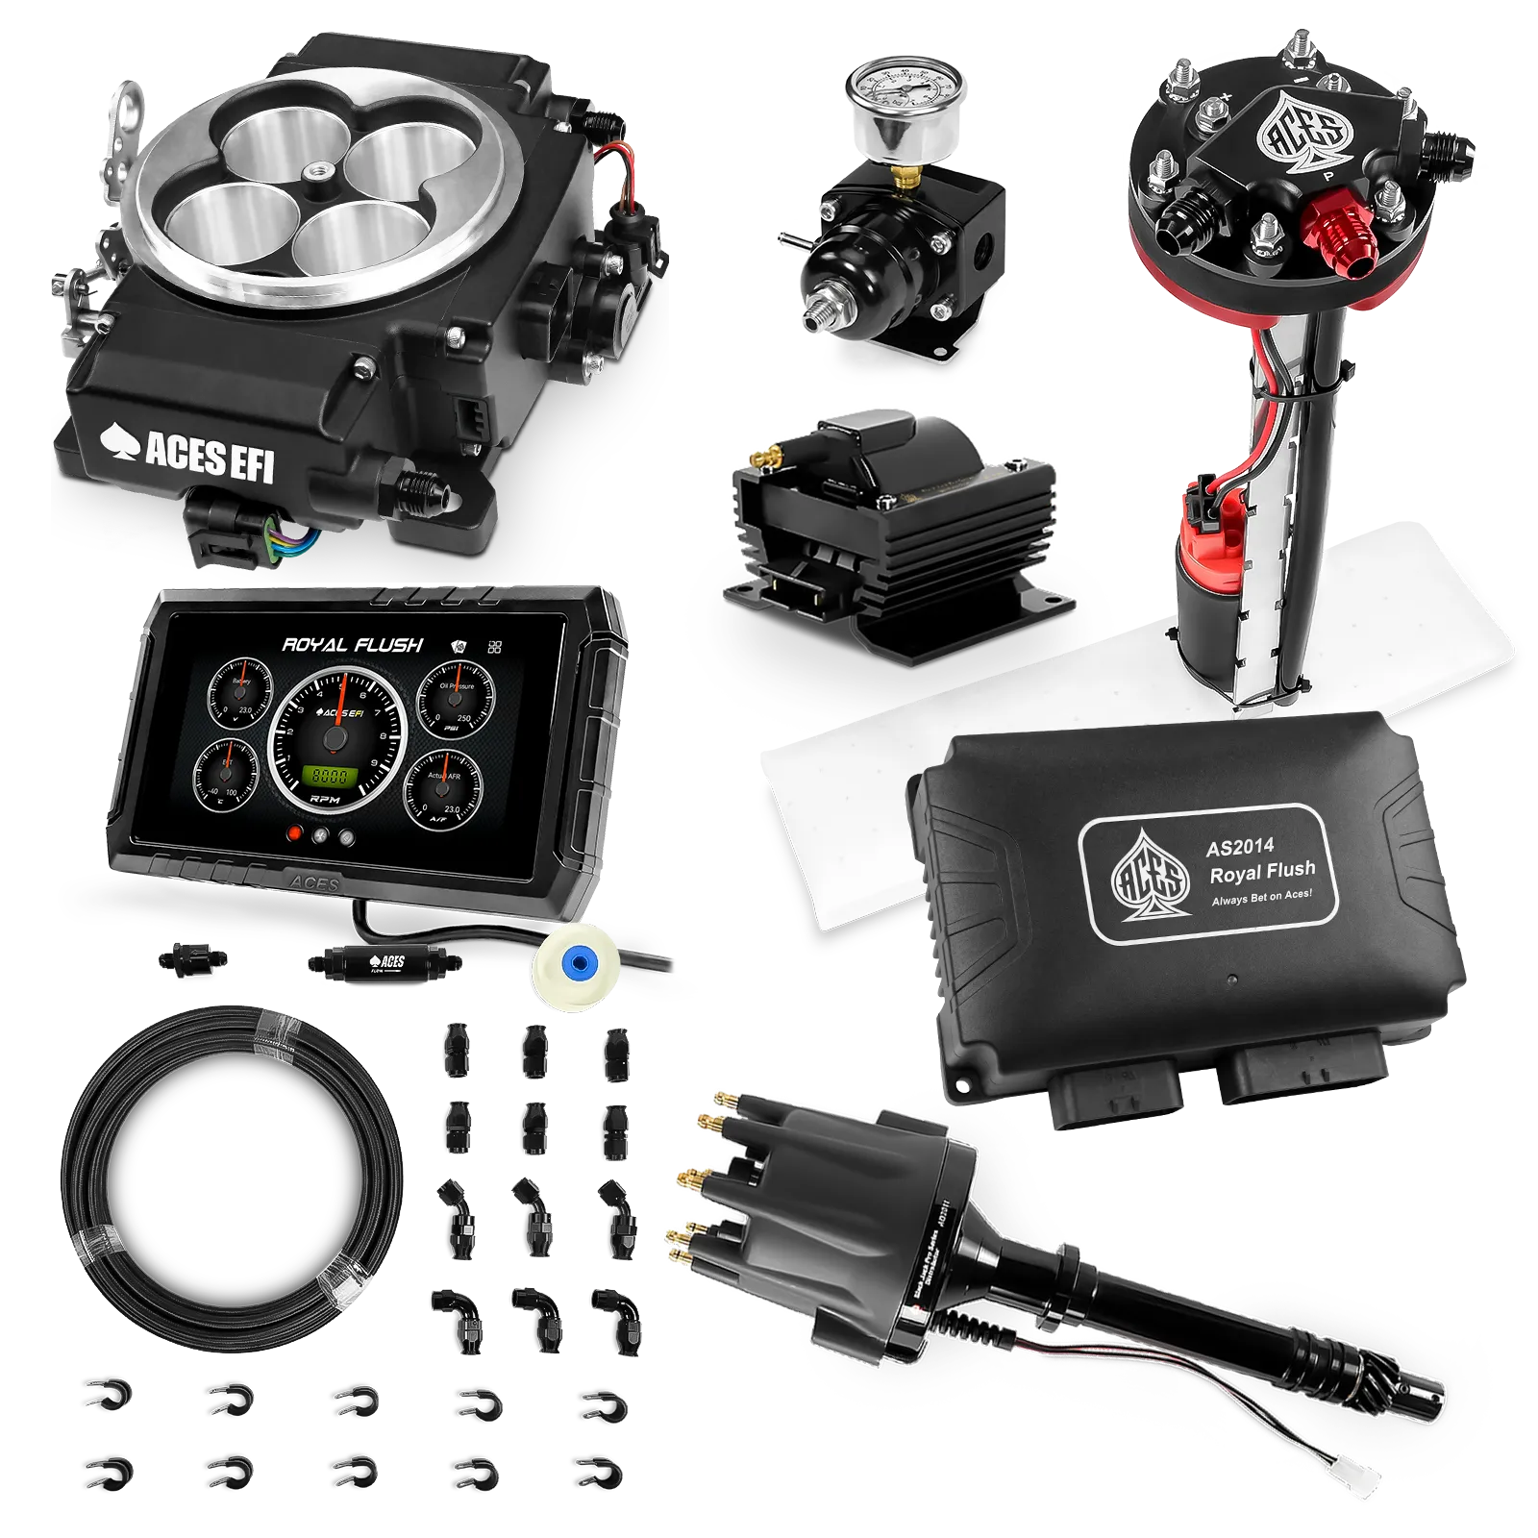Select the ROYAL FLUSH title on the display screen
pos(352,645)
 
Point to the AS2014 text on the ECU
pos(1239,846)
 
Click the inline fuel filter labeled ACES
pos(384,962)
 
